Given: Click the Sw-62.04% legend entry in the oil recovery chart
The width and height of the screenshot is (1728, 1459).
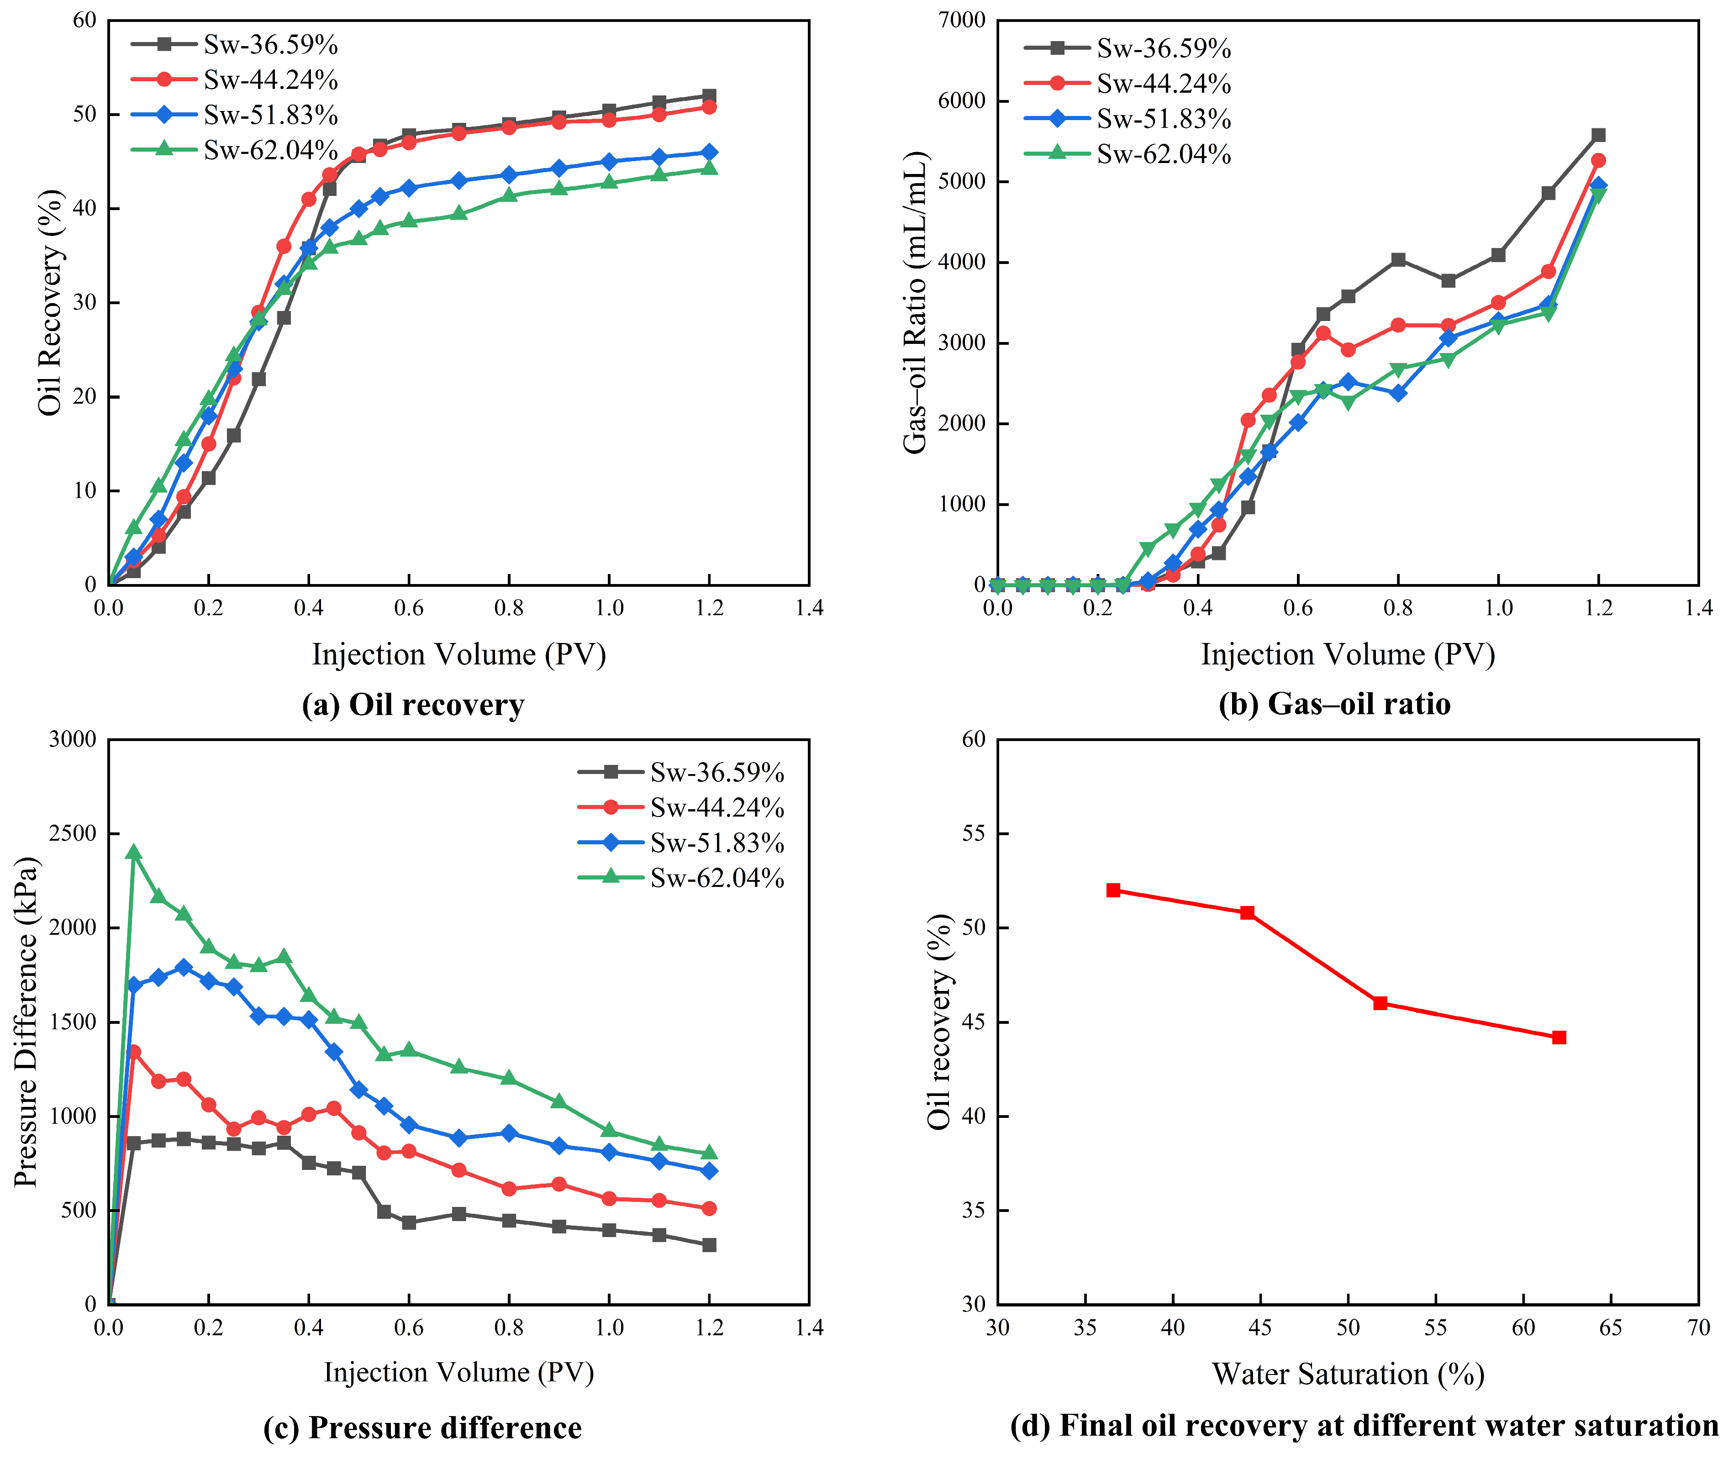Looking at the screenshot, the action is (235, 150).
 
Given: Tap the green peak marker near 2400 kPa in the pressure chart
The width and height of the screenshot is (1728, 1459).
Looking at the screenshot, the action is (134, 853).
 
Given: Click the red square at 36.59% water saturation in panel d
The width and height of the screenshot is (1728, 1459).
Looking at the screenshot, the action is (1113, 890).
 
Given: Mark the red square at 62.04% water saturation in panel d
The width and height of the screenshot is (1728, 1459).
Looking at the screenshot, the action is (1559, 1037).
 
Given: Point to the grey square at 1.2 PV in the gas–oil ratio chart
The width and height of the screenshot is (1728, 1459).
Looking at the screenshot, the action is (1599, 135).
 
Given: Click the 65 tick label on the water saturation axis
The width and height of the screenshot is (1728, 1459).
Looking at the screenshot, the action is (1611, 1328).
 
